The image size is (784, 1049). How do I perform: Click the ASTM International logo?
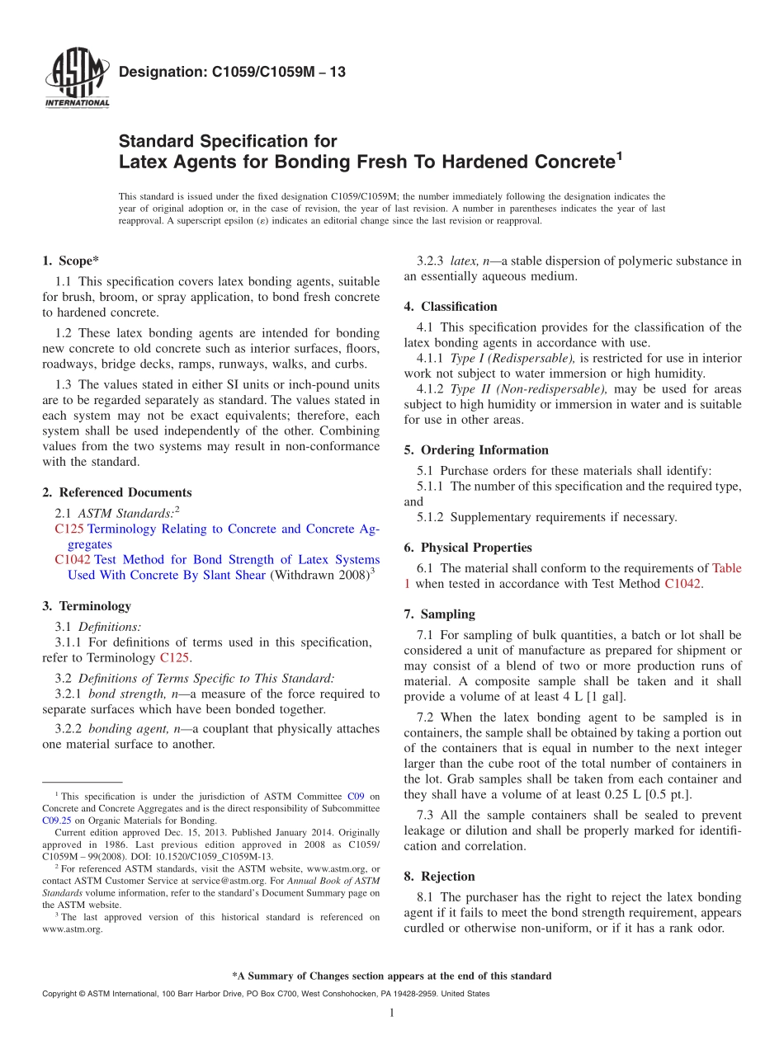coord(76,80)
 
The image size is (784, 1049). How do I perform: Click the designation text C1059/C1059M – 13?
coord(232,73)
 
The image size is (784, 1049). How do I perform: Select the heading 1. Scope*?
coord(71,261)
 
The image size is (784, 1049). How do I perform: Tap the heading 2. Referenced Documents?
coord(116,492)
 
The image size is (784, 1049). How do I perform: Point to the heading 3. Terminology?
coord(87,606)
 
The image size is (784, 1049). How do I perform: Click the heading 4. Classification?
coord(451,307)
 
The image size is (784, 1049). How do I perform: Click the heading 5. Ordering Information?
coord(476,450)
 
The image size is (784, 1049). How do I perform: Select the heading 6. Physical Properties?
coord(468,548)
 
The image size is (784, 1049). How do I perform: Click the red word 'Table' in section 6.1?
coord(726,568)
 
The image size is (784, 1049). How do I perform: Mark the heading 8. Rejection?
coord(439,877)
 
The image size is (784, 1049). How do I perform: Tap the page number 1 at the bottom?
coord(392,1014)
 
